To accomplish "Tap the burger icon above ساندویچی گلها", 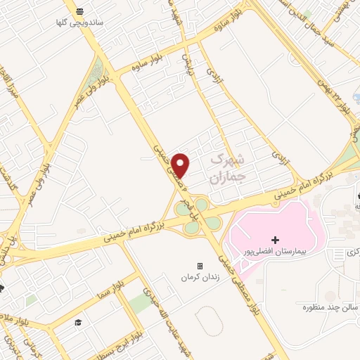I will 80,12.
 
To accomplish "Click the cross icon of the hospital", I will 276,240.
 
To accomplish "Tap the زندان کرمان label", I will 200,276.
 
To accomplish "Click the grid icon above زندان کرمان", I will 200,266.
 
